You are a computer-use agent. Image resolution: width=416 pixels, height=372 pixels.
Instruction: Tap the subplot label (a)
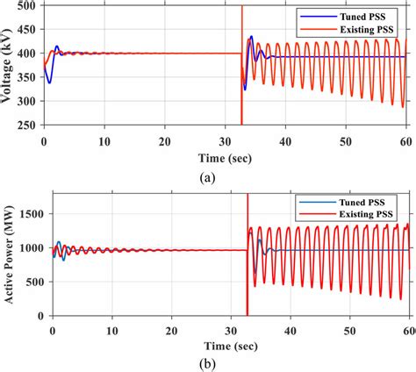[209, 175]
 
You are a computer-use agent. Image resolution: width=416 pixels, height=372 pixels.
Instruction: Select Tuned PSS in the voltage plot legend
[362, 16]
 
